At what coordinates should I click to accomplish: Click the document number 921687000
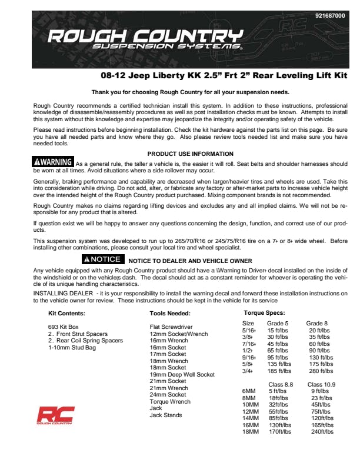[x=330, y=16]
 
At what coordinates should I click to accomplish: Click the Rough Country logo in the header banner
[x=145, y=39]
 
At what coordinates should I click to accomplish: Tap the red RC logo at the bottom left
[x=55, y=415]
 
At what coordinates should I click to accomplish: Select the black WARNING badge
[x=54, y=162]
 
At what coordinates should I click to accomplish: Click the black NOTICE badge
[x=102, y=259]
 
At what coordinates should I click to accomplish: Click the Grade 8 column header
[x=317, y=323]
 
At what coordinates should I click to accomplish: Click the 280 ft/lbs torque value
[x=321, y=371]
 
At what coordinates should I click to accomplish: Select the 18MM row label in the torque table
[x=250, y=431]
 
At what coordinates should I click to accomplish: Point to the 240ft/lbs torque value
[x=322, y=431]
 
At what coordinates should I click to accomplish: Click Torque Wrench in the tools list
[x=170, y=401]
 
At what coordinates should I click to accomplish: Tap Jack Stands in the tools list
[x=166, y=415]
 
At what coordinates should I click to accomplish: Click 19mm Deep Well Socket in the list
[x=182, y=374]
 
